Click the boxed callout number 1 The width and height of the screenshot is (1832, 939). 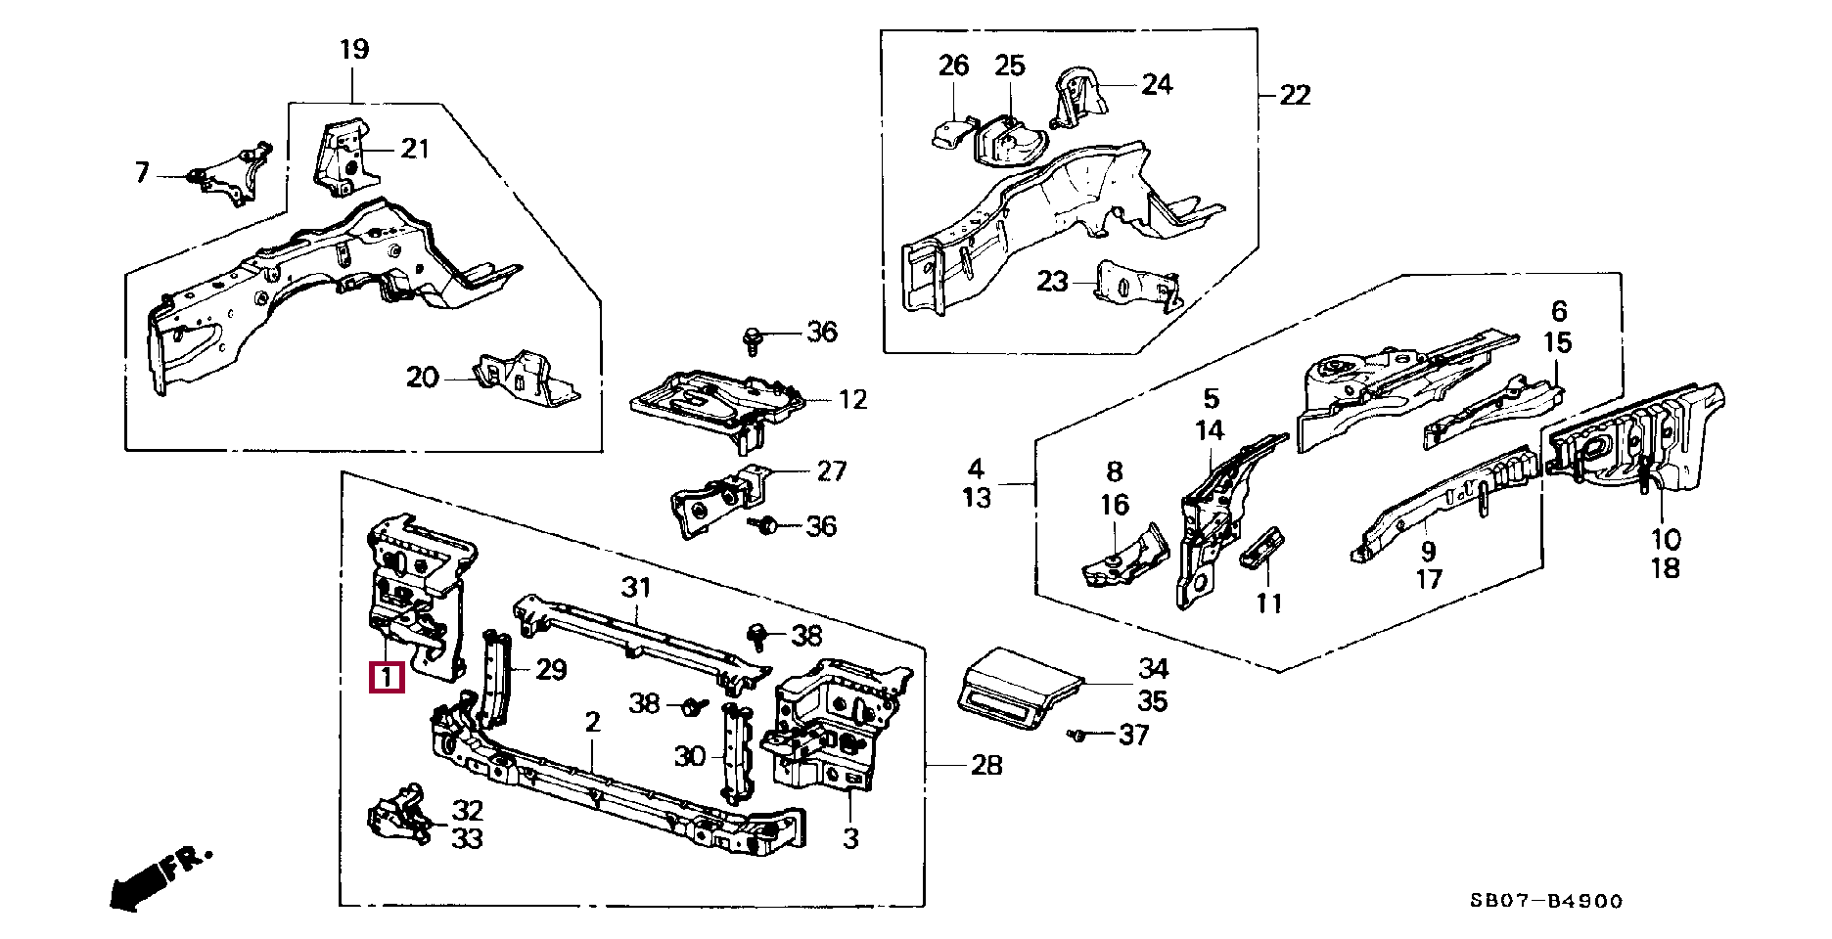(386, 676)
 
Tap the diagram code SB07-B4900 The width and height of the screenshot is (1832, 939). (1546, 901)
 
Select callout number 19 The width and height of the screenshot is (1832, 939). (354, 49)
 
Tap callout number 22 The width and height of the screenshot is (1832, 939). (1295, 95)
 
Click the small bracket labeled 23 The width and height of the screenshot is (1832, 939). (1135, 285)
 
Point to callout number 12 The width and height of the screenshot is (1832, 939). (853, 399)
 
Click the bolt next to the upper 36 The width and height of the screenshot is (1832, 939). (753, 339)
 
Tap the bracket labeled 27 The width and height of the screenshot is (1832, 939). (720, 499)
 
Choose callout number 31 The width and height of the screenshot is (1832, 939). (636, 588)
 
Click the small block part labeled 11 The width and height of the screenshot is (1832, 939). (1263, 549)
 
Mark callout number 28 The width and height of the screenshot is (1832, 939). (986, 765)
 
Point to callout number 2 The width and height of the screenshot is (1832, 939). (592, 723)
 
